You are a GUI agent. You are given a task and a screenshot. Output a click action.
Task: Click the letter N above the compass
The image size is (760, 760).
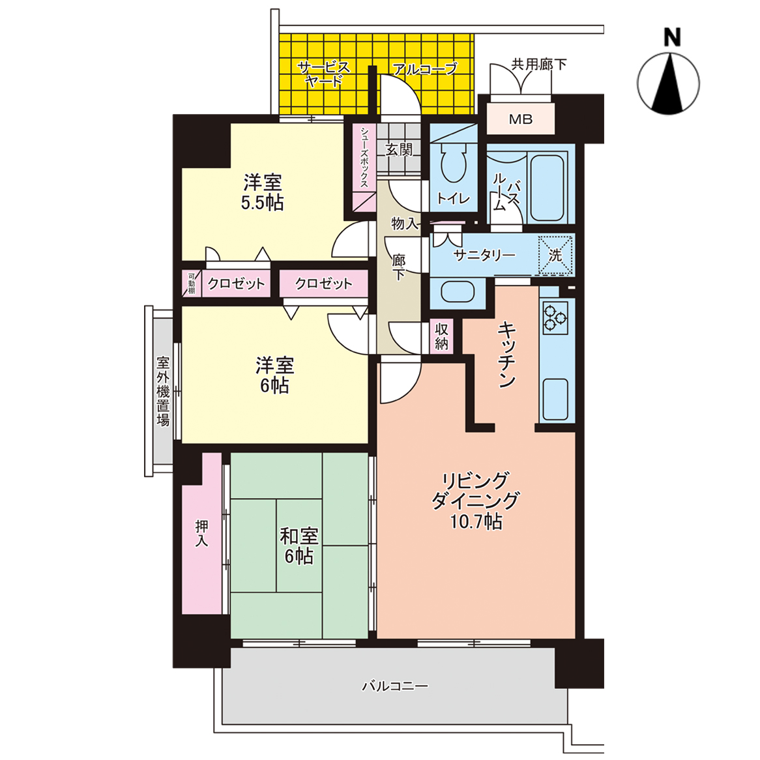672,37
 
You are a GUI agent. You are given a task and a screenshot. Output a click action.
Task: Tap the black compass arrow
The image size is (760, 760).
669,84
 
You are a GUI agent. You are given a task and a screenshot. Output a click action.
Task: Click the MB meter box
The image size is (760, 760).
521,119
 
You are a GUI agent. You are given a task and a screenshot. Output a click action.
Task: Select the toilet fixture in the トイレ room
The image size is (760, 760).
454,162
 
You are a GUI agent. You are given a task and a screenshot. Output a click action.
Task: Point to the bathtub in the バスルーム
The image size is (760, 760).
548,188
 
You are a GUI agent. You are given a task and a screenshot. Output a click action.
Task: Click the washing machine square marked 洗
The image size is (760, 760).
555,255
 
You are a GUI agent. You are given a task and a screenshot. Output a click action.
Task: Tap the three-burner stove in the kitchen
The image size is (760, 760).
555,319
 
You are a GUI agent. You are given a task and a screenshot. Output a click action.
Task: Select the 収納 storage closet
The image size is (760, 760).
441,336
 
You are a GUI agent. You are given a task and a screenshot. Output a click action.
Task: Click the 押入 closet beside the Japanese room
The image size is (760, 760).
202,533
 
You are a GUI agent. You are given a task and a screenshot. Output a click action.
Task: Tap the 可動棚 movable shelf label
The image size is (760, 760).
192,284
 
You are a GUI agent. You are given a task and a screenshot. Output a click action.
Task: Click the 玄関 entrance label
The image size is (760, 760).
399,150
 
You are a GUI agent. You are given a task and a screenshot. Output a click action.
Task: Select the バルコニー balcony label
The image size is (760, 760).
396,686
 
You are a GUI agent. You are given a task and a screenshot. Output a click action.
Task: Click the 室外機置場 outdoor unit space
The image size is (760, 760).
163,391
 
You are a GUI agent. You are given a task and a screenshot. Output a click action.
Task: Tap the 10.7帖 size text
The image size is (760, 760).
476,521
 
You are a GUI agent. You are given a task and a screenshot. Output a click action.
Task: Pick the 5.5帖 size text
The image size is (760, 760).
262,203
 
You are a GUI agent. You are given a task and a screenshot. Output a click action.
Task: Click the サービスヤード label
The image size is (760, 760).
323,74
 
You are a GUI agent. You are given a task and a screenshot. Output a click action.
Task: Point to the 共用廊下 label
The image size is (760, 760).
539,64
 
